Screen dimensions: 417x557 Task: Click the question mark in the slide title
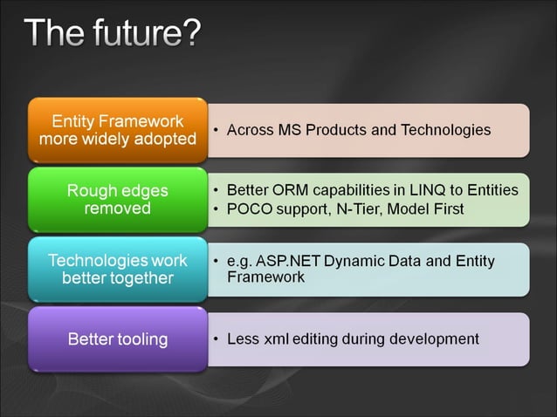(x=189, y=32)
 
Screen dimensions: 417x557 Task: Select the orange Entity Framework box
(x=118, y=130)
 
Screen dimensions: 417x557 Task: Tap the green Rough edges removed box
(x=118, y=200)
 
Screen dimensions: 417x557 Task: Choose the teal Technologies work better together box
(x=118, y=270)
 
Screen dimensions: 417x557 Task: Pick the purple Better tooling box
(x=118, y=338)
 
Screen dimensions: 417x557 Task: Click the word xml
(x=274, y=338)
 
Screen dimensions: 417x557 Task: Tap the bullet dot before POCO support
(x=216, y=210)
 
